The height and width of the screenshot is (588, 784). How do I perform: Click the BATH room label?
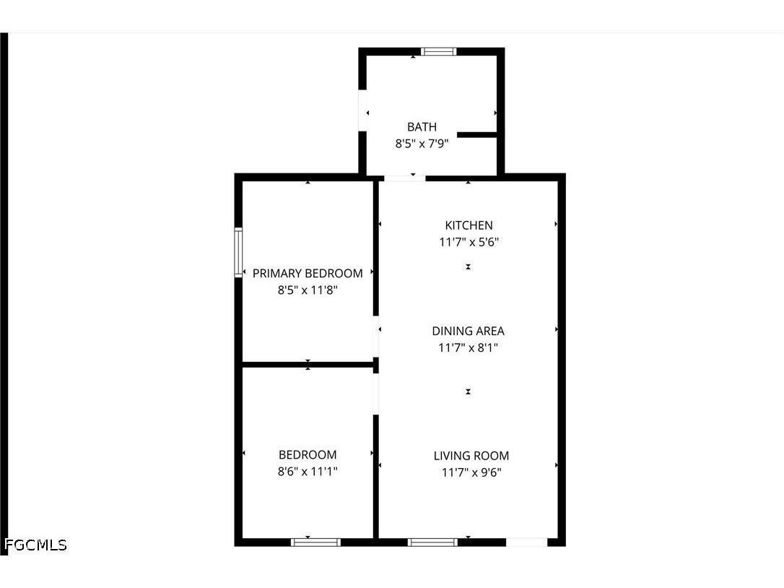(422, 127)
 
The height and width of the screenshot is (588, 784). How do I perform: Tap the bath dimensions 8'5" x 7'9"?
(422, 144)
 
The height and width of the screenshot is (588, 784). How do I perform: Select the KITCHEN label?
(469, 225)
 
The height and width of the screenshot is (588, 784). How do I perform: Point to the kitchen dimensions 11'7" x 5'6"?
(469, 243)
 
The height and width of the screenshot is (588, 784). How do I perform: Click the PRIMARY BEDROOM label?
(308, 274)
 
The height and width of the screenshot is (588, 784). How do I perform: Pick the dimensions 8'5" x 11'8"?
(308, 290)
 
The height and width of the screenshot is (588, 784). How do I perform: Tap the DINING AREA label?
(469, 331)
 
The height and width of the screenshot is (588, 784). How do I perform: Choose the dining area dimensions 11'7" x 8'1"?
(469, 348)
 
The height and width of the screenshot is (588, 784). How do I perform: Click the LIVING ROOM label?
(471, 456)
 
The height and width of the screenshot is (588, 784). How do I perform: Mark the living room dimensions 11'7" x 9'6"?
(471, 473)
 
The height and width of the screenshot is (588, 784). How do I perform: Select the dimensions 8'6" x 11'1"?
(308, 472)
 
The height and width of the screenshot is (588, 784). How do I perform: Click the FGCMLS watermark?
(35, 545)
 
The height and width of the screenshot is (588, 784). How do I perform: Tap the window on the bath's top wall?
(439, 51)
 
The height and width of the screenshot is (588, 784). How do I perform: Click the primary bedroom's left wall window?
(238, 252)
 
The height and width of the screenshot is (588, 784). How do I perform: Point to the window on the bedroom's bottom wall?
(315, 542)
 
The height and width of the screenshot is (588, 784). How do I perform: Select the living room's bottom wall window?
(432, 542)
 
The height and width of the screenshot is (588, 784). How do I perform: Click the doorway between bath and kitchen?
(404, 177)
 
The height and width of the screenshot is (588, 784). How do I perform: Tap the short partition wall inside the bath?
(476, 134)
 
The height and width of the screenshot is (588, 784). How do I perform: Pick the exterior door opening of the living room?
(526, 542)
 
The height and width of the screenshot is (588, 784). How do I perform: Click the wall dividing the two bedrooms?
(307, 365)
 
